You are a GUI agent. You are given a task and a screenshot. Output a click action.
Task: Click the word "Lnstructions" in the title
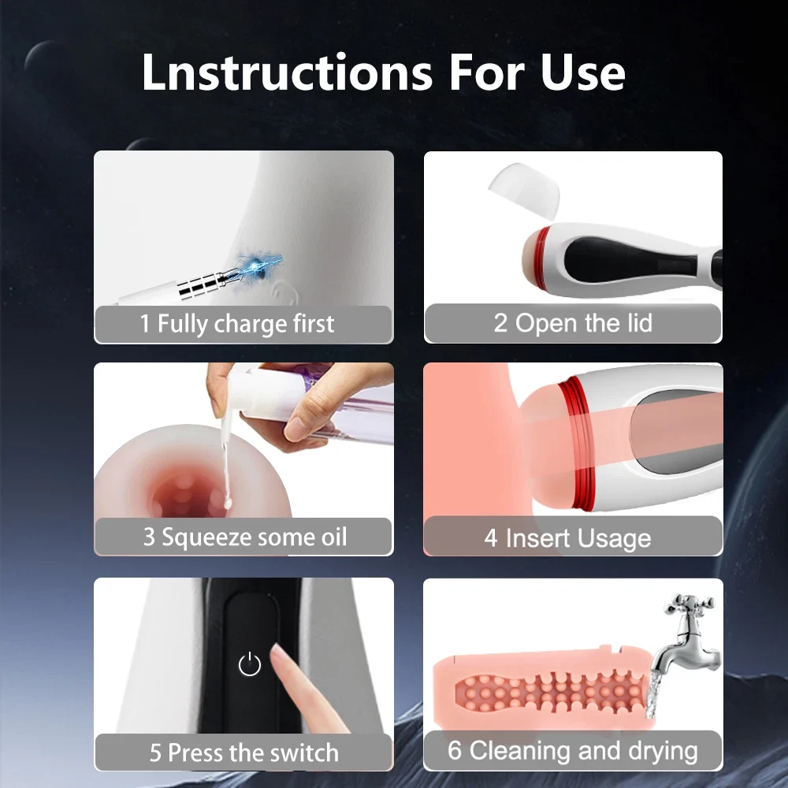(x=287, y=72)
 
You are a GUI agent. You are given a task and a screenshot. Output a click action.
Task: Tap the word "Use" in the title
(x=582, y=72)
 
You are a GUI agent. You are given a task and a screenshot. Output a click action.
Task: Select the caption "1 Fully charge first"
(x=236, y=323)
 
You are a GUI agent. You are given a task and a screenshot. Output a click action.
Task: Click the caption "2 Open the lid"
(x=572, y=322)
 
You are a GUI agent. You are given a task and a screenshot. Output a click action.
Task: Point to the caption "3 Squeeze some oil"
(x=245, y=537)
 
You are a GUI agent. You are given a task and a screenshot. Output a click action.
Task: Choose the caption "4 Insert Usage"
(x=567, y=538)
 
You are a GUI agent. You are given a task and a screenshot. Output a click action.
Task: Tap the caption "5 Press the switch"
(x=243, y=753)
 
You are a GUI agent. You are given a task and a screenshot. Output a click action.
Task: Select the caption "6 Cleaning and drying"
(x=572, y=750)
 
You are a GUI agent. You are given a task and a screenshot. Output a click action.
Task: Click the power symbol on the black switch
(x=249, y=663)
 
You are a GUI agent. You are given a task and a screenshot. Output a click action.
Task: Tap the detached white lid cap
(x=525, y=190)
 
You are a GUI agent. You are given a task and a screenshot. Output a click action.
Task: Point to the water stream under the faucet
(x=652, y=695)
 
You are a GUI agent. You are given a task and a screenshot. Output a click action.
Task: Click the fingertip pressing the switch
(x=278, y=652)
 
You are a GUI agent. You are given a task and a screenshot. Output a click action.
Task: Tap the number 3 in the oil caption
(x=149, y=537)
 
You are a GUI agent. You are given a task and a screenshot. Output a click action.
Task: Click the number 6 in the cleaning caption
(x=455, y=750)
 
